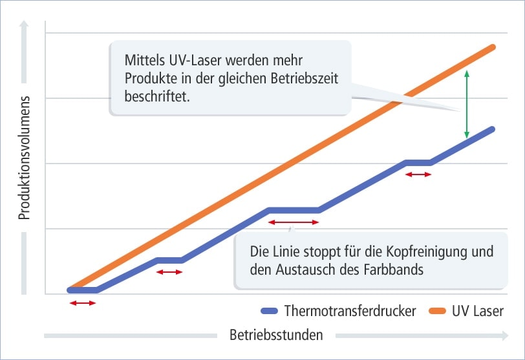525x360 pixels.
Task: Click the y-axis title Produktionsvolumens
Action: point(25,158)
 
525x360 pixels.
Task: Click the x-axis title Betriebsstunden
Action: point(276,335)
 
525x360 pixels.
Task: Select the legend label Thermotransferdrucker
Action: point(350,311)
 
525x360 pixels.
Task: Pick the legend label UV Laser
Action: point(478,311)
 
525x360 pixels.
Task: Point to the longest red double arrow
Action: point(294,222)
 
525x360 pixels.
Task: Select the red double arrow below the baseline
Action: point(83,302)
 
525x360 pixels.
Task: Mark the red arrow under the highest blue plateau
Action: point(418,174)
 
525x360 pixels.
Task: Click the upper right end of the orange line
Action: point(493,47)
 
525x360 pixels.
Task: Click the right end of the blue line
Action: point(492,129)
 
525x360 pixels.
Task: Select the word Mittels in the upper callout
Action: point(144,60)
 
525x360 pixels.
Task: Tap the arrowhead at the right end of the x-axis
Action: point(504,335)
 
